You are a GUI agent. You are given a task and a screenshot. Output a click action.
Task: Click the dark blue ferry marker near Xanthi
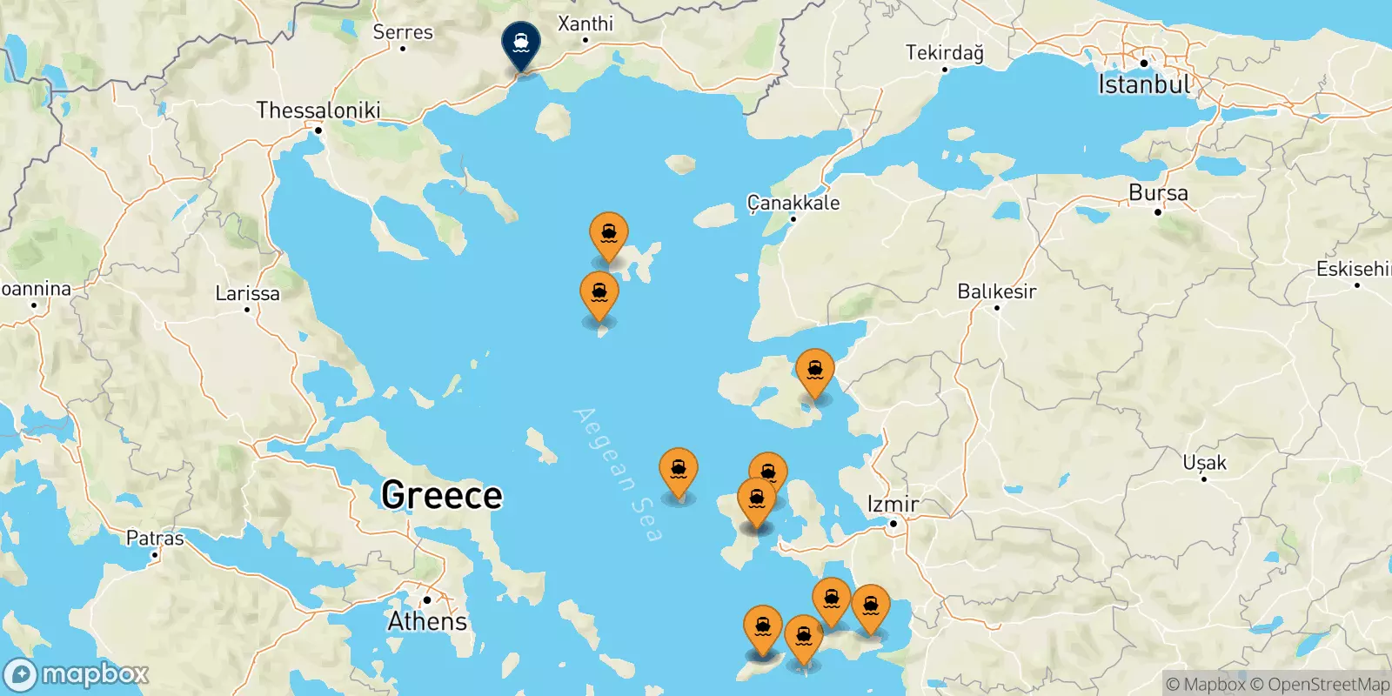(520, 43)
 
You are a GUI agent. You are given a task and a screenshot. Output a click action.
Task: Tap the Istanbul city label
(1144, 84)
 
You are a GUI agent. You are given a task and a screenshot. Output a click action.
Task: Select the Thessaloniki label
(318, 110)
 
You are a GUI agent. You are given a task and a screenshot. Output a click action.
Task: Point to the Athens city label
(427, 621)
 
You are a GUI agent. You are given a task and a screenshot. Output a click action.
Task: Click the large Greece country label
(442, 496)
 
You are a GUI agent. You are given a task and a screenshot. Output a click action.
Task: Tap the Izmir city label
(893, 505)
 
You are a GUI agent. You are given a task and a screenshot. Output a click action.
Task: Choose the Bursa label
(1158, 193)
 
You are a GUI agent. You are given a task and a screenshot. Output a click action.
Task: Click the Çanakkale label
(793, 203)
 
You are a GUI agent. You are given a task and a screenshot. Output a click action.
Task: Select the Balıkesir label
(997, 291)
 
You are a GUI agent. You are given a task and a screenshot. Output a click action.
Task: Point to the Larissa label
(248, 293)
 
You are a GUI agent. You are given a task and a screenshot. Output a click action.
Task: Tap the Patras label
(155, 538)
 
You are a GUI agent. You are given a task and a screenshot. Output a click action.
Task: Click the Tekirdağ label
(945, 53)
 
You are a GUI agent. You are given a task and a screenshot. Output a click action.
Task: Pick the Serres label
(403, 32)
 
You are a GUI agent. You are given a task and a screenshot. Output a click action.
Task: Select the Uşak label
(1204, 463)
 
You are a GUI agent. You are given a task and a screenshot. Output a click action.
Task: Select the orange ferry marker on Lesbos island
(815, 371)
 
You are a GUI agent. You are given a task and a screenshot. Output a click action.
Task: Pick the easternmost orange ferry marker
(870, 607)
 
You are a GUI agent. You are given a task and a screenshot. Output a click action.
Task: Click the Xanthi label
(586, 23)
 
